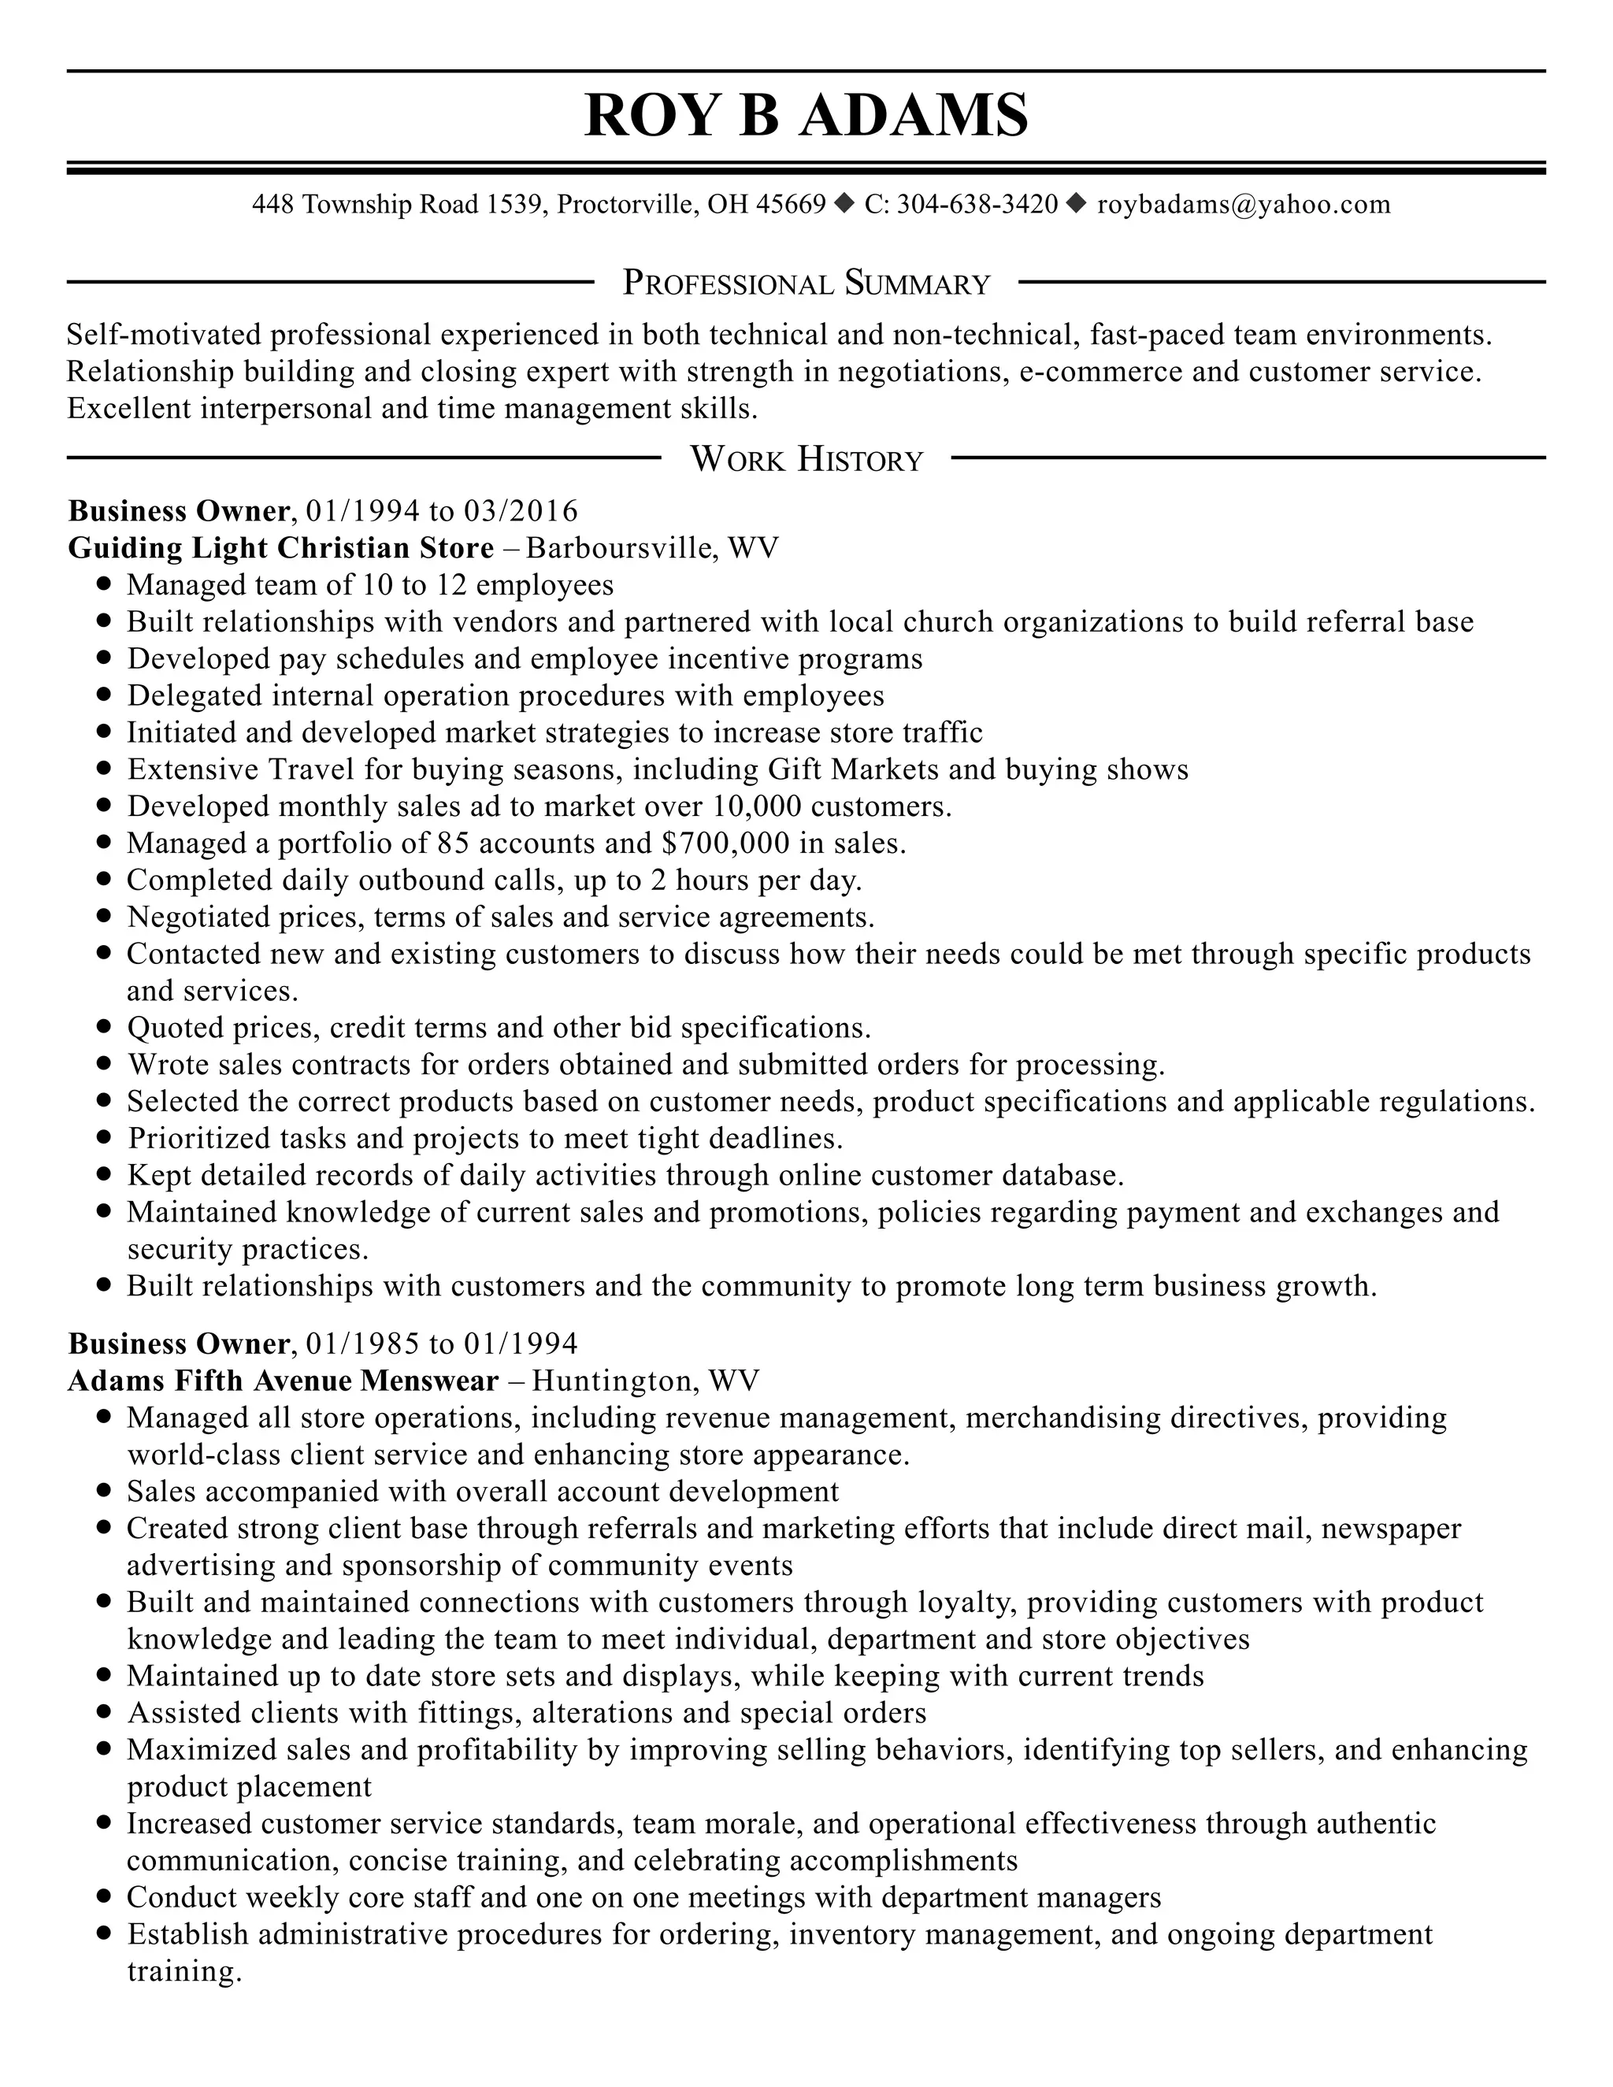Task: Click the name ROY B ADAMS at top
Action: pyautogui.click(x=806, y=117)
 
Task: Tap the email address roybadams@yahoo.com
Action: pyautogui.click(x=1243, y=205)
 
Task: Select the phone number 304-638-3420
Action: pyautogui.click(x=977, y=205)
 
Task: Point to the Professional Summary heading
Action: pyautogui.click(x=806, y=283)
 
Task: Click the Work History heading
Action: pyautogui.click(x=806, y=460)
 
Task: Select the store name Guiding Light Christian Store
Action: pyautogui.click(x=281, y=547)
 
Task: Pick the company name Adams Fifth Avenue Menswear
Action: pyautogui.click(x=284, y=1381)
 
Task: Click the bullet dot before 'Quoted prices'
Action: pyautogui.click(x=105, y=1027)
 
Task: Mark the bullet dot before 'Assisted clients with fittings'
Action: pyautogui.click(x=105, y=1712)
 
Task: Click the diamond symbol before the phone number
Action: pyautogui.click(x=845, y=203)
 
